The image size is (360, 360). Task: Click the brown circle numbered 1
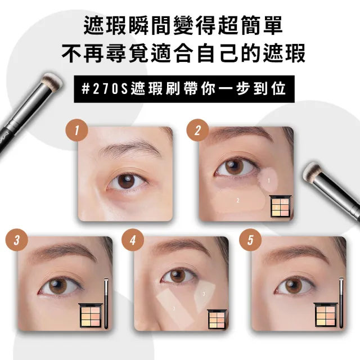point(76,130)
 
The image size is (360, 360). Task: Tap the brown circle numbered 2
point(197,130)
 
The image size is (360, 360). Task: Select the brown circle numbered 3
point(17,240)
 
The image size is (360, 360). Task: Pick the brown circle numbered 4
point(133,240)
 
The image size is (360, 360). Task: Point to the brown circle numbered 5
point(250,240)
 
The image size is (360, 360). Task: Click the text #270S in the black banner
point(105,89)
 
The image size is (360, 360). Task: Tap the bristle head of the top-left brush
point(52,80)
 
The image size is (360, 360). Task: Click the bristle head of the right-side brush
point(310,170)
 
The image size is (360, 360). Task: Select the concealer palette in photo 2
point(281,206)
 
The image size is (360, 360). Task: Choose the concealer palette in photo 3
point(90,315)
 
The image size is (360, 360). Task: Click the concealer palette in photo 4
point(217,319)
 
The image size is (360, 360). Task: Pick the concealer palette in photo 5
point(326,314)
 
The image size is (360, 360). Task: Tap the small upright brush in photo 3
point(106,303)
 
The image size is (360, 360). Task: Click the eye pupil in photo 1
point(126,180)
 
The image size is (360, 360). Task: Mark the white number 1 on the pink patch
point(269,181)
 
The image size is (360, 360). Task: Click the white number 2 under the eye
point(238,200)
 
